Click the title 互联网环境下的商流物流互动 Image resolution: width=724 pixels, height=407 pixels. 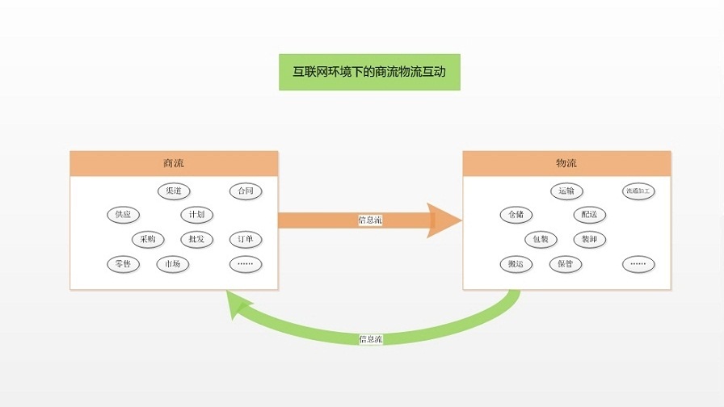point(369,72)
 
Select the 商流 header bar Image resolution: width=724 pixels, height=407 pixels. point(174,163)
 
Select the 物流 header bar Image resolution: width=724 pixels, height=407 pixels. point(566,163)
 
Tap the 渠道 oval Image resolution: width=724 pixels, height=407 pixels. point(174,191)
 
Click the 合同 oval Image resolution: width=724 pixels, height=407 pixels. point(246,191)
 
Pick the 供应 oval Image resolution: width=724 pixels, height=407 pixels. point(123,215)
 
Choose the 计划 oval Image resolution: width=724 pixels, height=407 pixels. point(196,215)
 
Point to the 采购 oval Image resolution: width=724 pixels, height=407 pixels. point(148,239)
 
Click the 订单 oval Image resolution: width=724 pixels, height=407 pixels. point(246,239)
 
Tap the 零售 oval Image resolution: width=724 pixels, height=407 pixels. point(123,264)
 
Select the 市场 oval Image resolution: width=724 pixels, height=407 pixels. point(173,264)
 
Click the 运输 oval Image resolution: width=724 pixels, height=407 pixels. point(566,191)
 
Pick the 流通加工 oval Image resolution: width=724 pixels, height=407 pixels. point(638,191)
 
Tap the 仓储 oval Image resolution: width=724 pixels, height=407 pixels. point(516,215)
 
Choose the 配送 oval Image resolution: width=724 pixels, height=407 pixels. point(590,215)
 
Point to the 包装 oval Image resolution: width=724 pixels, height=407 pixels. point(541,239)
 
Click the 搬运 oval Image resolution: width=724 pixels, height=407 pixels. point(516,264)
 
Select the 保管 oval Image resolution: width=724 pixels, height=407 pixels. point(566,264)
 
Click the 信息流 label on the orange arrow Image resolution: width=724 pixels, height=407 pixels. point(370,220)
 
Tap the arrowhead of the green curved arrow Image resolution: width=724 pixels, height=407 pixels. point(238,306)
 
